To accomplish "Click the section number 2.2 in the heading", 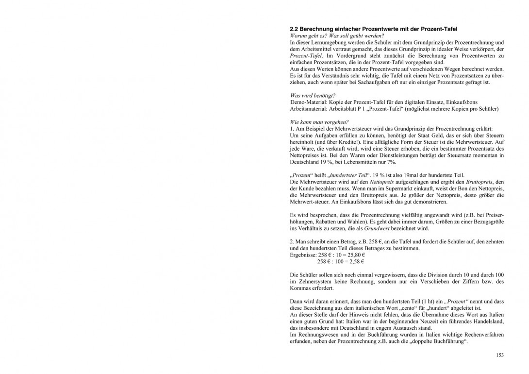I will (x=294, y=29).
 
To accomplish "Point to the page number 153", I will (x=500, y=355).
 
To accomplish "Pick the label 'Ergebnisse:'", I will (x=303, y=255).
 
